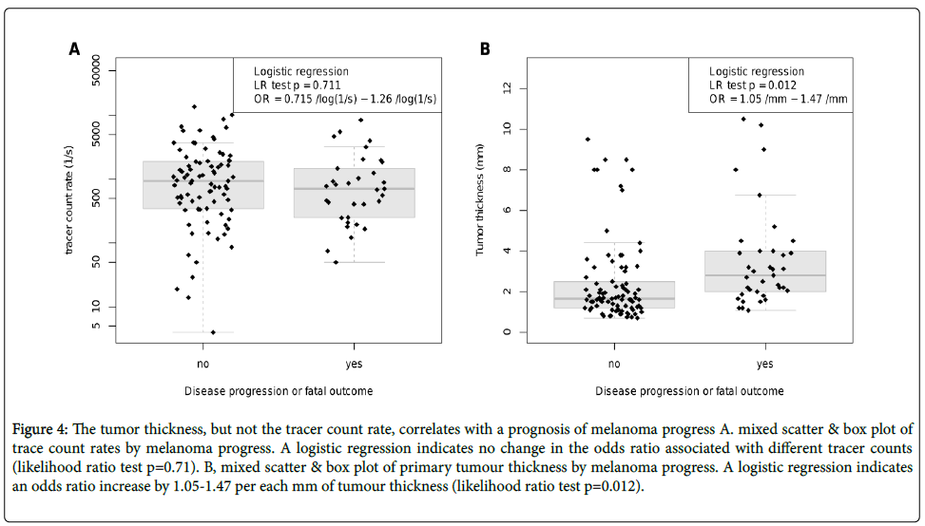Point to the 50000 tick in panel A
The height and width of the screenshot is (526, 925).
pos(99,70)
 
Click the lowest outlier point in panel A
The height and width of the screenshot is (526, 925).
pos(212,332)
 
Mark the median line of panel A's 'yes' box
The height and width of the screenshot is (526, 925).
pos(354,189)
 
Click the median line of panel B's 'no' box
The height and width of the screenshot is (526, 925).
pos(615,298)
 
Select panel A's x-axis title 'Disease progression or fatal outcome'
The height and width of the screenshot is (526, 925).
pos(279,390)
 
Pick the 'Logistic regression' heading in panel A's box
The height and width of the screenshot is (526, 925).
pos(300,72)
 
